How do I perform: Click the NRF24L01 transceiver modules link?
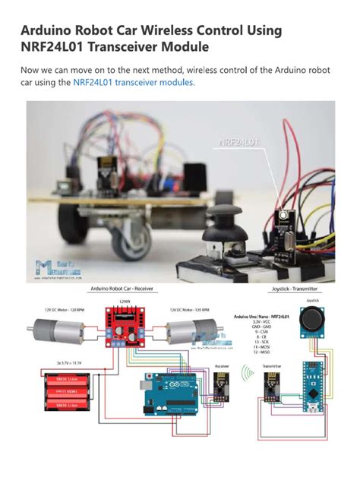(134, 82)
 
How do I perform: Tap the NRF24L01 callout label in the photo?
(239, 142)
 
